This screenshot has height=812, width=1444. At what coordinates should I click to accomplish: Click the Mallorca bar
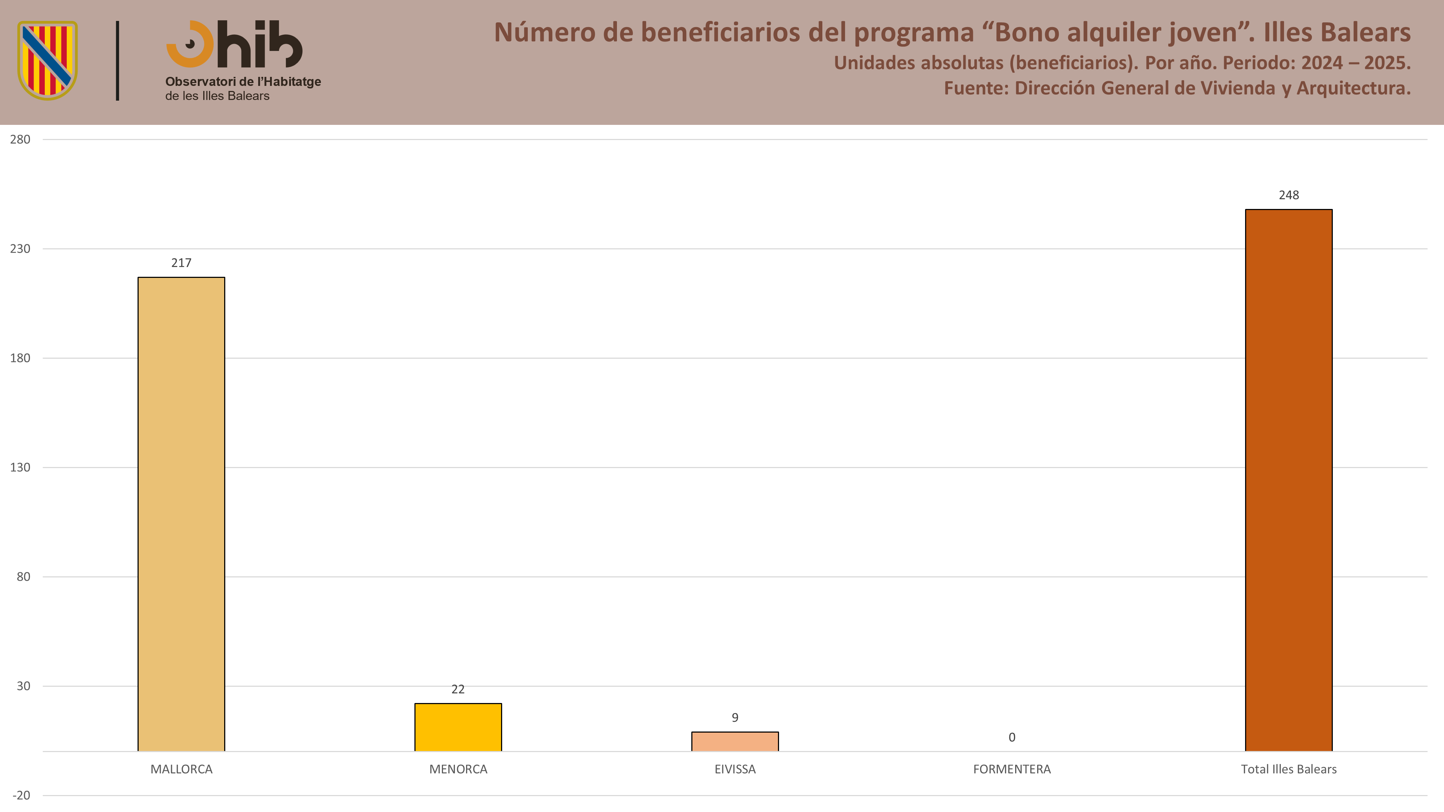[181, 514]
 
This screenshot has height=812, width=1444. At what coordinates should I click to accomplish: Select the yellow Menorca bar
[458, 727]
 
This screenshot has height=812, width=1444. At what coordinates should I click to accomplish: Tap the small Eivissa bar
[735, 741]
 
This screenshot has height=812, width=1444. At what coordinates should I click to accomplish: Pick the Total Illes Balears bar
[1289, 480]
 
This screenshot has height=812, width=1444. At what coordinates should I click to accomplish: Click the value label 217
[181, 263]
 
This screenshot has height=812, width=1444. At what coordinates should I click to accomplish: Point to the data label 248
[1289, 195]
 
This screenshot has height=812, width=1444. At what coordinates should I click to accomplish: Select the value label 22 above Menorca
[458, 689]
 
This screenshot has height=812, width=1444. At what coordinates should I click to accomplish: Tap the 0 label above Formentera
[1012, 737]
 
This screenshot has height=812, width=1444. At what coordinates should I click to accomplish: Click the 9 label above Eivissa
[735, 718]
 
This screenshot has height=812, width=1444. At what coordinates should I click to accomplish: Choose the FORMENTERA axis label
[1012, 769]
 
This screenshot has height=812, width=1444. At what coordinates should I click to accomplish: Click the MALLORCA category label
[181, 769]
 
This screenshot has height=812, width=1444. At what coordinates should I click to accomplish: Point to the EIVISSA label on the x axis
[735, 769]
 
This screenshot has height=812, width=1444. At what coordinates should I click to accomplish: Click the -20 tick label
[21, 795]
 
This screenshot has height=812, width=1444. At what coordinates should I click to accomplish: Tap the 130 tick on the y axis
[20, 467]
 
